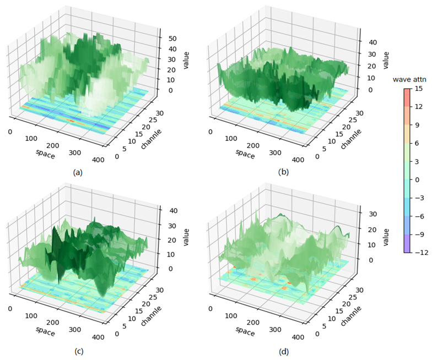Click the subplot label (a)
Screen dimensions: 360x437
[77, 172]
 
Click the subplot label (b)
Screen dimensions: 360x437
[284, 172]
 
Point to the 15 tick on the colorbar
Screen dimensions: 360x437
[420, 88]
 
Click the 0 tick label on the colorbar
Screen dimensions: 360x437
[418, 179]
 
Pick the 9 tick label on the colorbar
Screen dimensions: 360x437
[418, 124]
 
